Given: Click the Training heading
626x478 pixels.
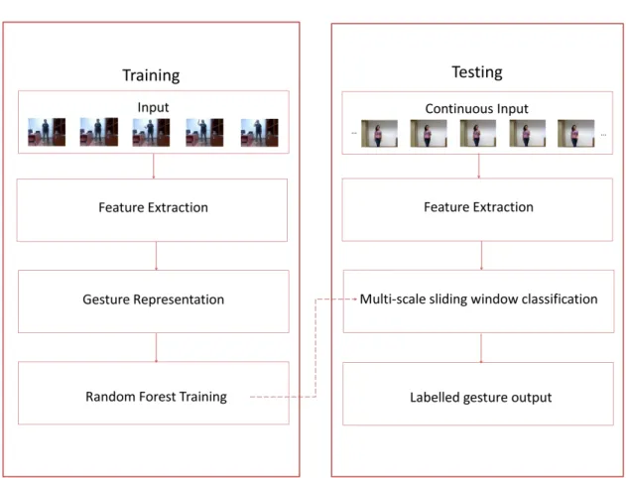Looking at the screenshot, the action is pos(151,75).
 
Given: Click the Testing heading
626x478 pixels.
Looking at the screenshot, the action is pos(477,72).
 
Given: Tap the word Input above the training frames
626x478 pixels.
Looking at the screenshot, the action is pos(154,107).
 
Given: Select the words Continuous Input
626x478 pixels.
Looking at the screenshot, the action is pos(476,108).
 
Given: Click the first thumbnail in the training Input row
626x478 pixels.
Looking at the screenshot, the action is pos(47,132).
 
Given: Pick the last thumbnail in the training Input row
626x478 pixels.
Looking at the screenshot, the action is pos(260,133).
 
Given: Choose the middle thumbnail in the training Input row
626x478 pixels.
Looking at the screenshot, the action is pos(151,132).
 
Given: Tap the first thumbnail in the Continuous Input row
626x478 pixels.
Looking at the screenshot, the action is pos(379,133).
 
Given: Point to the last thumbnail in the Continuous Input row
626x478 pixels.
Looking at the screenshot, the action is pos(575,133).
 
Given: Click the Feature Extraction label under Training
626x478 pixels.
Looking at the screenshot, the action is pos(154,207).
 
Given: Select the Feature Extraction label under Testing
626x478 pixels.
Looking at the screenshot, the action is pos(479,207).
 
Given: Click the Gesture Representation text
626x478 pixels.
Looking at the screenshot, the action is pos(154,299).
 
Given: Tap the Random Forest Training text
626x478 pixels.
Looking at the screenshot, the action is pos(156,397).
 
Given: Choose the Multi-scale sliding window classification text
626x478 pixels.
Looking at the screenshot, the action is pos(479,299).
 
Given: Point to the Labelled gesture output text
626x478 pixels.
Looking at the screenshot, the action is pos(481,398).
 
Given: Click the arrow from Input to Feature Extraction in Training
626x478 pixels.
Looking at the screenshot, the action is pos(154,166).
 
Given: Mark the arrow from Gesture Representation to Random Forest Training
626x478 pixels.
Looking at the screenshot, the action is pos(156,347).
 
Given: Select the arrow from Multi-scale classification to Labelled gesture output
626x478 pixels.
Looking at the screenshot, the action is pos(481,348).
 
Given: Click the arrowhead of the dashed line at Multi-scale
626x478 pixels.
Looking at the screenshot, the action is pos(355,299).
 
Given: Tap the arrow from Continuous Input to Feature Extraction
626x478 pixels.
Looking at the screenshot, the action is pos(479,167).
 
